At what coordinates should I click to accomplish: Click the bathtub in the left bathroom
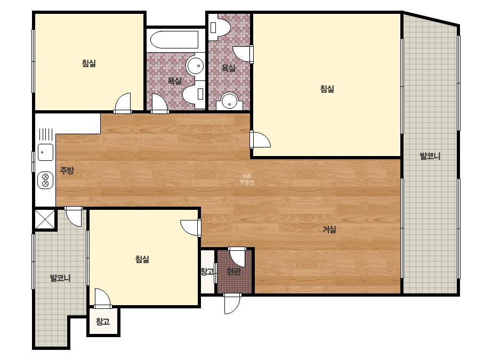pos(174,40)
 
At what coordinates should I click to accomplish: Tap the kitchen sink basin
pos(45,152)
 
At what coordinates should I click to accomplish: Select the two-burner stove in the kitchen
pos(45,181)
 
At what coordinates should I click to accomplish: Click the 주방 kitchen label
pos(67,170)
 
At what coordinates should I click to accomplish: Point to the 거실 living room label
pos(329,230)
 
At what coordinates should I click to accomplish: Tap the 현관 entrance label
pos(233,271)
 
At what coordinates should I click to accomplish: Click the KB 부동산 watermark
pos(247,179)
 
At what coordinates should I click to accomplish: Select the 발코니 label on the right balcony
pos(430,156)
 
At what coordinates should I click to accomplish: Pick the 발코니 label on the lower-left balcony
pos(60,278)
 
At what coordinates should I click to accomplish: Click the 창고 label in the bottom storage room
pos(103,322)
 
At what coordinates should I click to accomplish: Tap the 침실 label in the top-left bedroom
pos(89,63)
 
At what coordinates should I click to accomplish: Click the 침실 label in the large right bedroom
pos(327,89)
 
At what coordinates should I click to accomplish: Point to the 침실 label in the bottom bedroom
pos(142,259)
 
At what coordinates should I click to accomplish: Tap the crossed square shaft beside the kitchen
pos(45,219)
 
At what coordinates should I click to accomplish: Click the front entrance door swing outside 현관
pos(232,303)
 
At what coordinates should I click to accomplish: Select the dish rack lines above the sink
pos(45,135)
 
